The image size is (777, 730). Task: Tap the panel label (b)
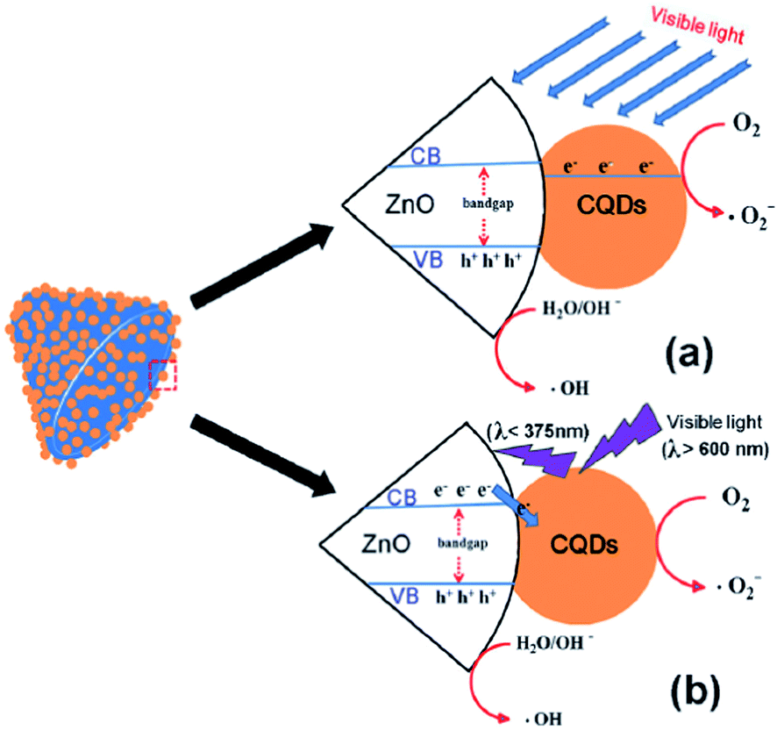coord(681,688)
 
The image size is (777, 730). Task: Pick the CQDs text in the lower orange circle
coord(582,545)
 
